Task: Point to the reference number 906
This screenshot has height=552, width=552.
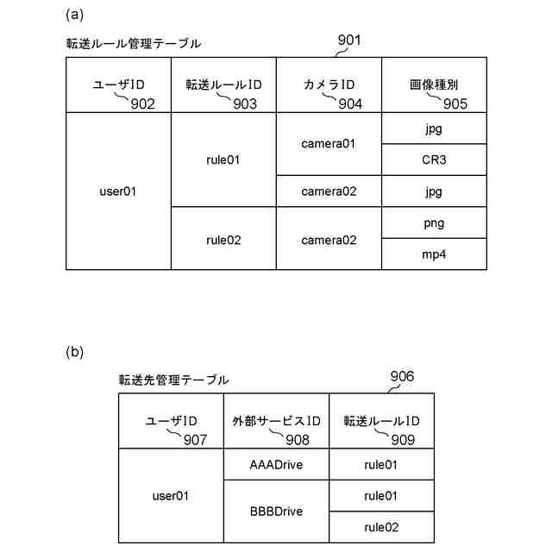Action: pos(402,376)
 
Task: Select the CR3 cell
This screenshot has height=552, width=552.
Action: pos(435,160)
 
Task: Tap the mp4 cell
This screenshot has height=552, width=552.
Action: pos(435,254)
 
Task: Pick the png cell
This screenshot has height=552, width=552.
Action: pos(435,223)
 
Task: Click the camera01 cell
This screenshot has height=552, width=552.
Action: pos(329,144)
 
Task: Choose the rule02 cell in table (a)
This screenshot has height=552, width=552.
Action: pos(224,240)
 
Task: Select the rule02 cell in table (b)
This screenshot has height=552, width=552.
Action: pos(380,527)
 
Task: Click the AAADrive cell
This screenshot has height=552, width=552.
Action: pos(276,464)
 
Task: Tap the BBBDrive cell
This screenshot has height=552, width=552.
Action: pos(276,511)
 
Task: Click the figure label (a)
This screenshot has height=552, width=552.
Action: pos(75,15)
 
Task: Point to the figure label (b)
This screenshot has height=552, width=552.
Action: pos(75,352)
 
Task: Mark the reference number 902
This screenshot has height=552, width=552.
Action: pos(142,103)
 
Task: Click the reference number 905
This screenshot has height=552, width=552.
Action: pos(455,103)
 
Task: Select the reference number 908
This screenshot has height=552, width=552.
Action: pos(297,440)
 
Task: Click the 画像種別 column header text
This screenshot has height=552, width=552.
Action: pos(434,85)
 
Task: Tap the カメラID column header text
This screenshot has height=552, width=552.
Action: pos(329,85)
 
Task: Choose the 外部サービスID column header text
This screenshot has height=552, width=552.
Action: pos(276,421)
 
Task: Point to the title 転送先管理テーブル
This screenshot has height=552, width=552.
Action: pos(174,379)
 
